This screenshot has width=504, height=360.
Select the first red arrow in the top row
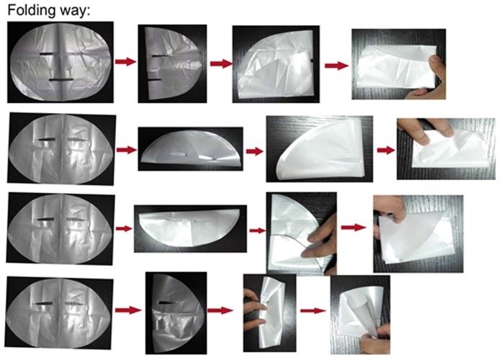126,61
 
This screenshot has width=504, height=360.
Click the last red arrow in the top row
336,66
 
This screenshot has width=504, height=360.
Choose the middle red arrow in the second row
255,151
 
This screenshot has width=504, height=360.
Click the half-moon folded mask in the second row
191,148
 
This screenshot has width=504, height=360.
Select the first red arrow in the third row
124,228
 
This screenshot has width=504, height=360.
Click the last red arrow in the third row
354,228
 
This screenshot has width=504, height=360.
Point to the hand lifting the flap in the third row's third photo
319,241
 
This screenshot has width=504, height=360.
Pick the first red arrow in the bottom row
128,310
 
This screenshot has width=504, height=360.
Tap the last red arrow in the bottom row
313,310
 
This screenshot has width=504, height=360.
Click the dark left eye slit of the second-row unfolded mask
47,140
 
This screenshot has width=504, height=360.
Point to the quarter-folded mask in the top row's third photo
275,64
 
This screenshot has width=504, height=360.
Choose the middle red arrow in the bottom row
220,310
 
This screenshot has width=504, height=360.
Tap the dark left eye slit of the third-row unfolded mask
45,219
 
